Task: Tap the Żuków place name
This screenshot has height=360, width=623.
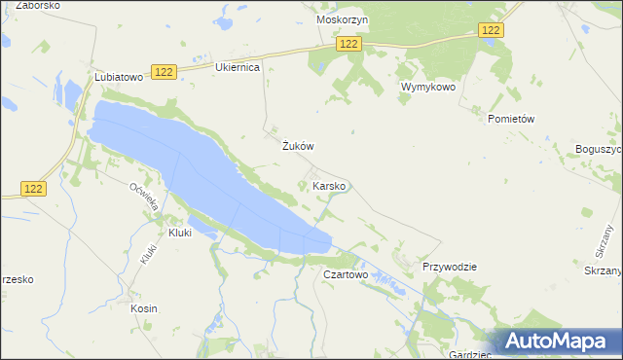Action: click(296, 146)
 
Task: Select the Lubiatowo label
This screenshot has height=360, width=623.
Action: click(119, 76)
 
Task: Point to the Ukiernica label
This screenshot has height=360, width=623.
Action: click(237, 68)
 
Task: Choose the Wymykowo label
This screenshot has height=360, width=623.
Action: click(427, 87)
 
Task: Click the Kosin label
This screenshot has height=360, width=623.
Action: click(143, 308)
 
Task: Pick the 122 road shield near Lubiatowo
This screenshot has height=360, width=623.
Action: click(165, 73)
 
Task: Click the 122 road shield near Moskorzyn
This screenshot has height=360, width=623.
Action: click(349, 44)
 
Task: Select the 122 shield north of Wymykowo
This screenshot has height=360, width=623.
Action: click(492, 31)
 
